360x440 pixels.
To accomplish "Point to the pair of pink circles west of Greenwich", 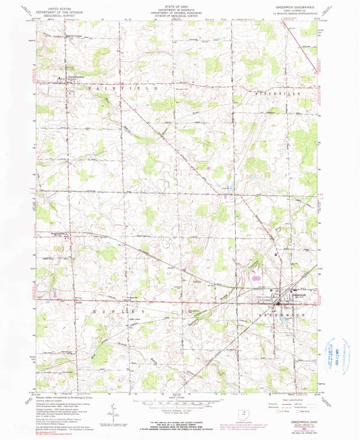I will pos(255,275).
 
